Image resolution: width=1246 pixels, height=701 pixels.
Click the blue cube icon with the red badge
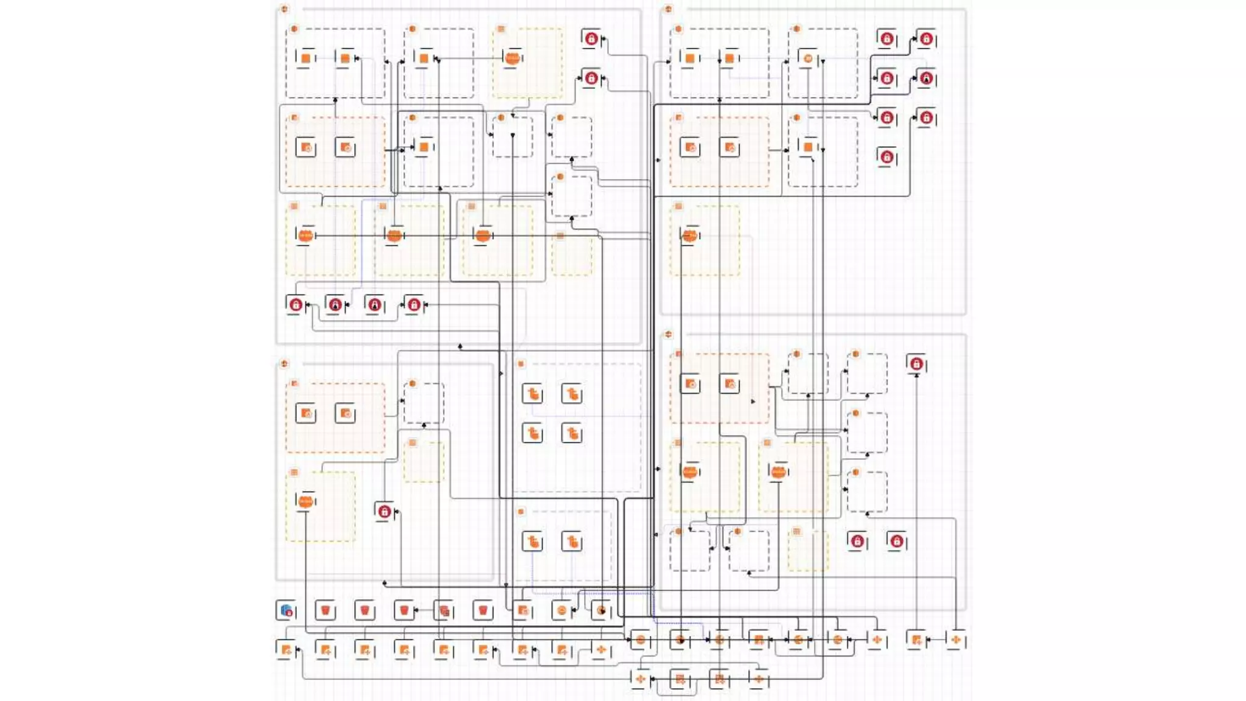click(286, 610)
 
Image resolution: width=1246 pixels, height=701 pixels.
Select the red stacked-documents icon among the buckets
click(444, 610)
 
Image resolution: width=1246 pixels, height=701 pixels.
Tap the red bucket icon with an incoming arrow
click(404, 610)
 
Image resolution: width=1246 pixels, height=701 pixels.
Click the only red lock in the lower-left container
click(384, 512)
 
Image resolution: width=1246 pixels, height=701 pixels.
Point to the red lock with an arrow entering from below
click(916, 364)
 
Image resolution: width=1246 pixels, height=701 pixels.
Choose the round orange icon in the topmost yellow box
click(513, 58)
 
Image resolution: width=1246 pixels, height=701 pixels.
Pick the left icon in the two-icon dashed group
click(532, 541)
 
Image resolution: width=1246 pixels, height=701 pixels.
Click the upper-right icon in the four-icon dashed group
click(572, 394)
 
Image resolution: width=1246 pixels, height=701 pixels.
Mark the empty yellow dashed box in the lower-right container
click(808, 551)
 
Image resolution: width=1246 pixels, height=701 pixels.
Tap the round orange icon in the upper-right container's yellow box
click(689, 235)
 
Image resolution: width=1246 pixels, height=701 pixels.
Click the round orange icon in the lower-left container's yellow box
click(305, 501)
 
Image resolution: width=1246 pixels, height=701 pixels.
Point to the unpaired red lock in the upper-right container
click(887, 157)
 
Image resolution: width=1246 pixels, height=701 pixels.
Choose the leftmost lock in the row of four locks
click(296, 304)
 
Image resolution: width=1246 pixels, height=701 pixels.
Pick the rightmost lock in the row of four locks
click(414, 304)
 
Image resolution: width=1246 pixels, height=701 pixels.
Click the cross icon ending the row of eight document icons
click(601, 650)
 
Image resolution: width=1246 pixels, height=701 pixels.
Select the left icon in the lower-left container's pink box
click(305, 414)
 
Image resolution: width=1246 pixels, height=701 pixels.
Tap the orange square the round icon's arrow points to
click(424, 58)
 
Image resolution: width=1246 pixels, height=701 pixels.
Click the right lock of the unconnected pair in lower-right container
click(896, 541)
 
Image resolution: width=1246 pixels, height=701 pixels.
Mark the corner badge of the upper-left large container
click(284, 9)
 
